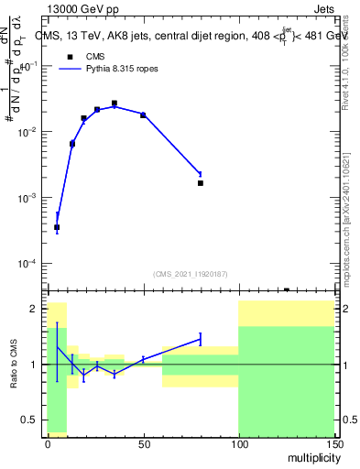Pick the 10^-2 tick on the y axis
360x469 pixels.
tap(27, 132)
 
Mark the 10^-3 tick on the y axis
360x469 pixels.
tap(27, 198)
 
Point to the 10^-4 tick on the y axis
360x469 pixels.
tap(27, 264)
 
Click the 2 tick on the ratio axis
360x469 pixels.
tap(33, 309)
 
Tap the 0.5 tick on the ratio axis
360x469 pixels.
tap(30, 420)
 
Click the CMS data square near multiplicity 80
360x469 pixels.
tap(201, 183)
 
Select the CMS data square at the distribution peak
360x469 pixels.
tap(115, 104)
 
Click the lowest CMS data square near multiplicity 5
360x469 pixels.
tap(57, 227)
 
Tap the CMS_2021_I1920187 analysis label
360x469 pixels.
tap(190, 273)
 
